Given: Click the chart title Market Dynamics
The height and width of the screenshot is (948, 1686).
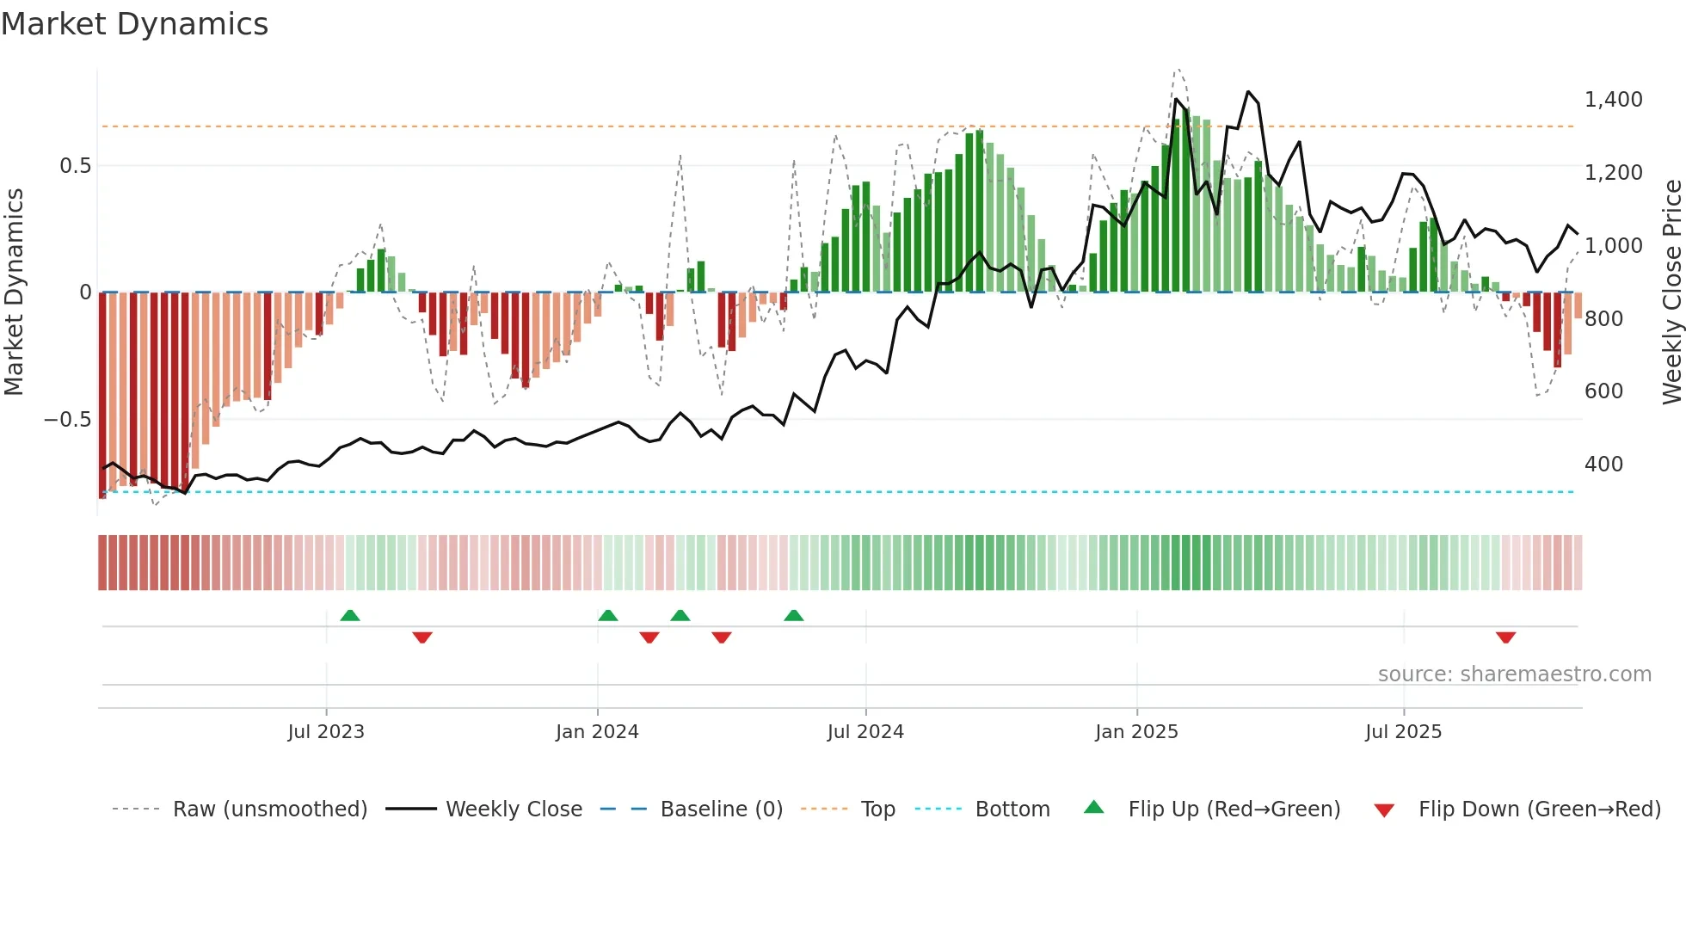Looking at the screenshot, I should tap(135, 24).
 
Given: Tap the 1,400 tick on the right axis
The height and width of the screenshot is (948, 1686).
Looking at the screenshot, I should tap(1613, 100).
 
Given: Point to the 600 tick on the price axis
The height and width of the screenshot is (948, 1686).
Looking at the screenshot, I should tap(1603, 391).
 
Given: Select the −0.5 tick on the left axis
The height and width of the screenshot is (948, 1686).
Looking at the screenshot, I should tap(67, 420).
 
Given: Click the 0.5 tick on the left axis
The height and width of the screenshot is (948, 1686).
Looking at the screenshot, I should tap(75, 166).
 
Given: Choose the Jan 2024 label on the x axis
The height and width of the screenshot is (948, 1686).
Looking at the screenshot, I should tap(597, 732).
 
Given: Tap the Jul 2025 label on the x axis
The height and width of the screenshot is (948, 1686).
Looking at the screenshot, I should tap(1403, 732).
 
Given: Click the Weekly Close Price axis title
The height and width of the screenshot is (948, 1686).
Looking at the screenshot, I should tap(1671, 292).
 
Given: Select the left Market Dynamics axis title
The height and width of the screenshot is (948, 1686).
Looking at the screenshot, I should tap(14, 292).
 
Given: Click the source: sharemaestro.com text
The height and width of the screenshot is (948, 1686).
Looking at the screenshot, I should tap(1514, 674).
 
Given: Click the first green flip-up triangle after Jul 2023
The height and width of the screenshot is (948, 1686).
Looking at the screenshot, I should tap(350, 616).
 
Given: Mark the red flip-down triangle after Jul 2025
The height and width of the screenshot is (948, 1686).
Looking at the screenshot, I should tap(1505, 637).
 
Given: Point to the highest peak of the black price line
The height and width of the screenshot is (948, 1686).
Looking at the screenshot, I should tap(1248, 92).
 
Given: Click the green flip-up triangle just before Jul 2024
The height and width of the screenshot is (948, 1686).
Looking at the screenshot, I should tap(794, 616).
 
